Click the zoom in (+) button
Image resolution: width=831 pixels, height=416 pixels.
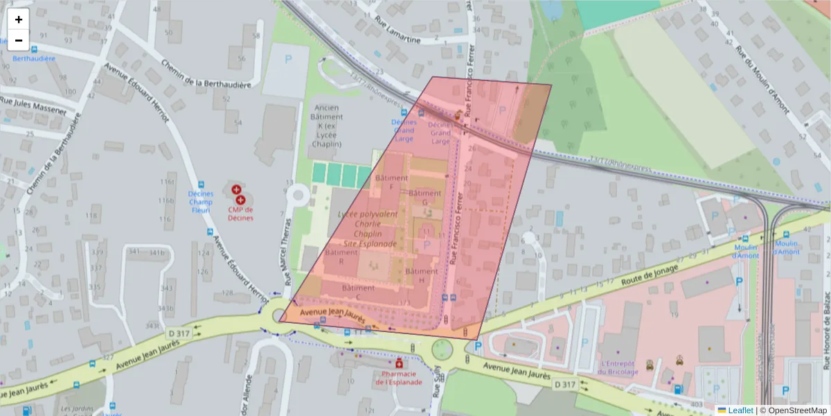point(19,19)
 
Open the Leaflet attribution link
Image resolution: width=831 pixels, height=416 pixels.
point(739,410)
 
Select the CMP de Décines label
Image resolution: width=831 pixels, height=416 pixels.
point(239,214)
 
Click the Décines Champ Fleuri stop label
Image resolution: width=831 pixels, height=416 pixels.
point(201,202)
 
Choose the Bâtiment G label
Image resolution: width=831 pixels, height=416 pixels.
point(425,198)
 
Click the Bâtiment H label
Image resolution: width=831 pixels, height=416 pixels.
point(421,275)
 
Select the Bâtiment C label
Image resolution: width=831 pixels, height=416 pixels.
point(358,292)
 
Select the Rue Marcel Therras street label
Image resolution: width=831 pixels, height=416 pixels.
point(287,254)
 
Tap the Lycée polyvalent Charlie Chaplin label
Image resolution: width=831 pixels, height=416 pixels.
point(368,229)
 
